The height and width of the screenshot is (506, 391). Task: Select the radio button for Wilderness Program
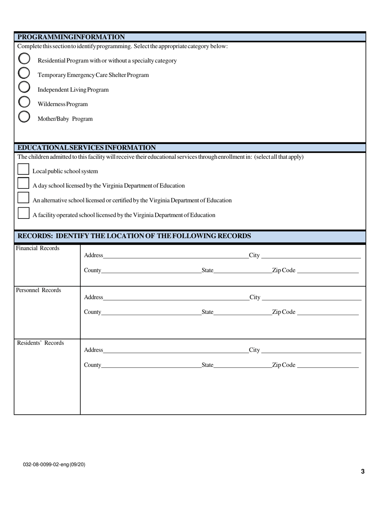[24, 102]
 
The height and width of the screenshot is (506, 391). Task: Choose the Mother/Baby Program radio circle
[24, 117]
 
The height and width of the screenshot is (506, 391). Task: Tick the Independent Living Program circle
[24, 87]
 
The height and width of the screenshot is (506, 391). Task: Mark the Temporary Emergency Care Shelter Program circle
[24, 73]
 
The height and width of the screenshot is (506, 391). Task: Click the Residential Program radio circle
[24, 58]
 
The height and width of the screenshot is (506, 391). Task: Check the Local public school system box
[23, 169]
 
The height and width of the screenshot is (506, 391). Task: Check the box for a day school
[23, 184]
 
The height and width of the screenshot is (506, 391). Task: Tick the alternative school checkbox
[23, 198]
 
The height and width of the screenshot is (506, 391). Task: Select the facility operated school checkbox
[23, 213]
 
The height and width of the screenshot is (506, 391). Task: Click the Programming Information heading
[71, 37]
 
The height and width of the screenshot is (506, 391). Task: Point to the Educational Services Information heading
[86, 148]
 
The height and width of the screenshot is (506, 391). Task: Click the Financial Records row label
[37, 248]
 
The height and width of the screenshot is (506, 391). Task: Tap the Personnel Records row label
[38, 290]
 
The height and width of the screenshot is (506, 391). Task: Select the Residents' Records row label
[40, 343]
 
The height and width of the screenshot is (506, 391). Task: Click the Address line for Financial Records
[175, 255]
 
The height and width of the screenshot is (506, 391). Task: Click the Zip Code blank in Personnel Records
[328, 312]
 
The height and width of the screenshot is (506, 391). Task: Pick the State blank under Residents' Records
[242, 365]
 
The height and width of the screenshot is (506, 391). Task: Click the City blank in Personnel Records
[311, 297]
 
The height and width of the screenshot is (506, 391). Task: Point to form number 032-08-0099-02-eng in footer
[54, 464]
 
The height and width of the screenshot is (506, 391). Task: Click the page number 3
[363, 471]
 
